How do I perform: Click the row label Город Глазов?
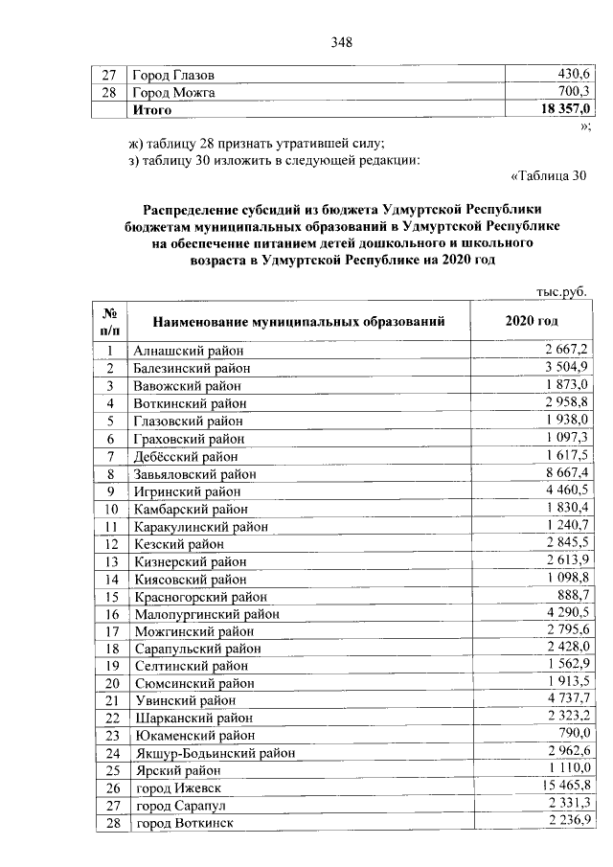(173, 75)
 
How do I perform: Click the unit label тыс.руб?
(558, 290)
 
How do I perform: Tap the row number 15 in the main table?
(111, 596)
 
